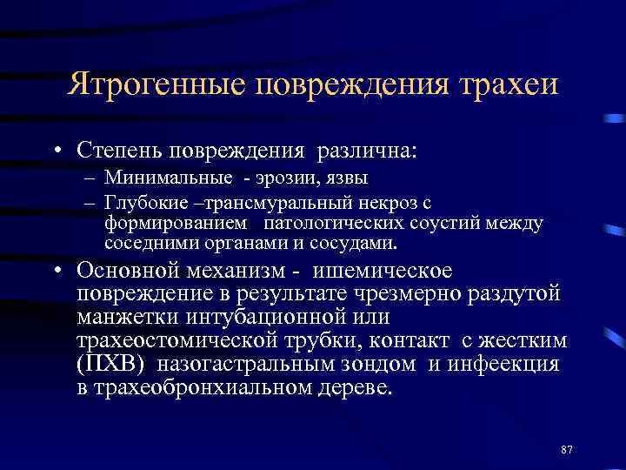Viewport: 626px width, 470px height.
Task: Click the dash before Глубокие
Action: pos(90,203)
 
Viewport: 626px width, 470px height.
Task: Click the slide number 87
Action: pos(567,449)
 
